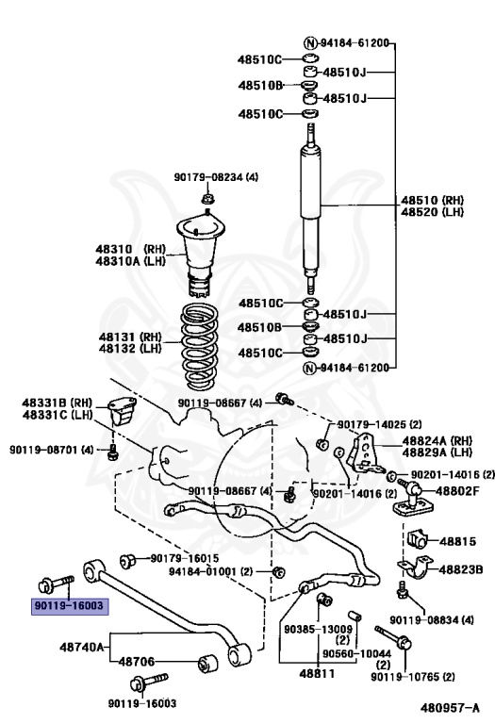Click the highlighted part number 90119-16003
click(x=69, y=605)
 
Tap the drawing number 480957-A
click(x=450, y=708)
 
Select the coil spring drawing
click(x=199, y=345)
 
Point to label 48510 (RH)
click(x=432, y=201)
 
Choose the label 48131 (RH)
click(x=130, y=337)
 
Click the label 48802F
click(x=457, y=490)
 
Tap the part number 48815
click(x=457, y=541)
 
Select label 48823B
click(x=461, y=569)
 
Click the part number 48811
click(x=317, y=674)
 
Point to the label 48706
click(x=137, y=662)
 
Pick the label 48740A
click(x=82, y=647)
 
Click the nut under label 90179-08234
click(x=207, y=200)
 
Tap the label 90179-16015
click(x=185, y=558)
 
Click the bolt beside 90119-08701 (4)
click(x=112, y=452)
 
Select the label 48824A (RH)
click(x=437, y=440)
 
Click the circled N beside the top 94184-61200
click(x=310, y=43)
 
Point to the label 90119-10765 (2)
click(x=412, y=677)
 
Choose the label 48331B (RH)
click(x=58, y=403)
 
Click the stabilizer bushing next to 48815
click(x=417, y=538)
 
